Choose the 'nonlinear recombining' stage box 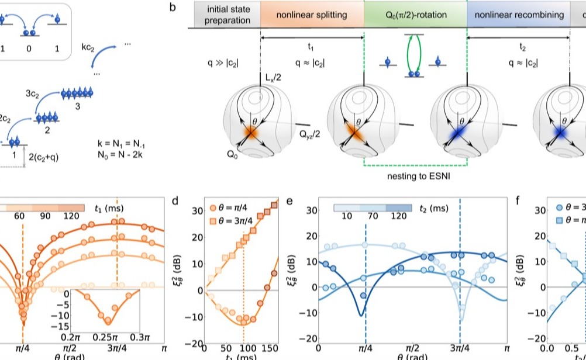click(518, 15)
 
